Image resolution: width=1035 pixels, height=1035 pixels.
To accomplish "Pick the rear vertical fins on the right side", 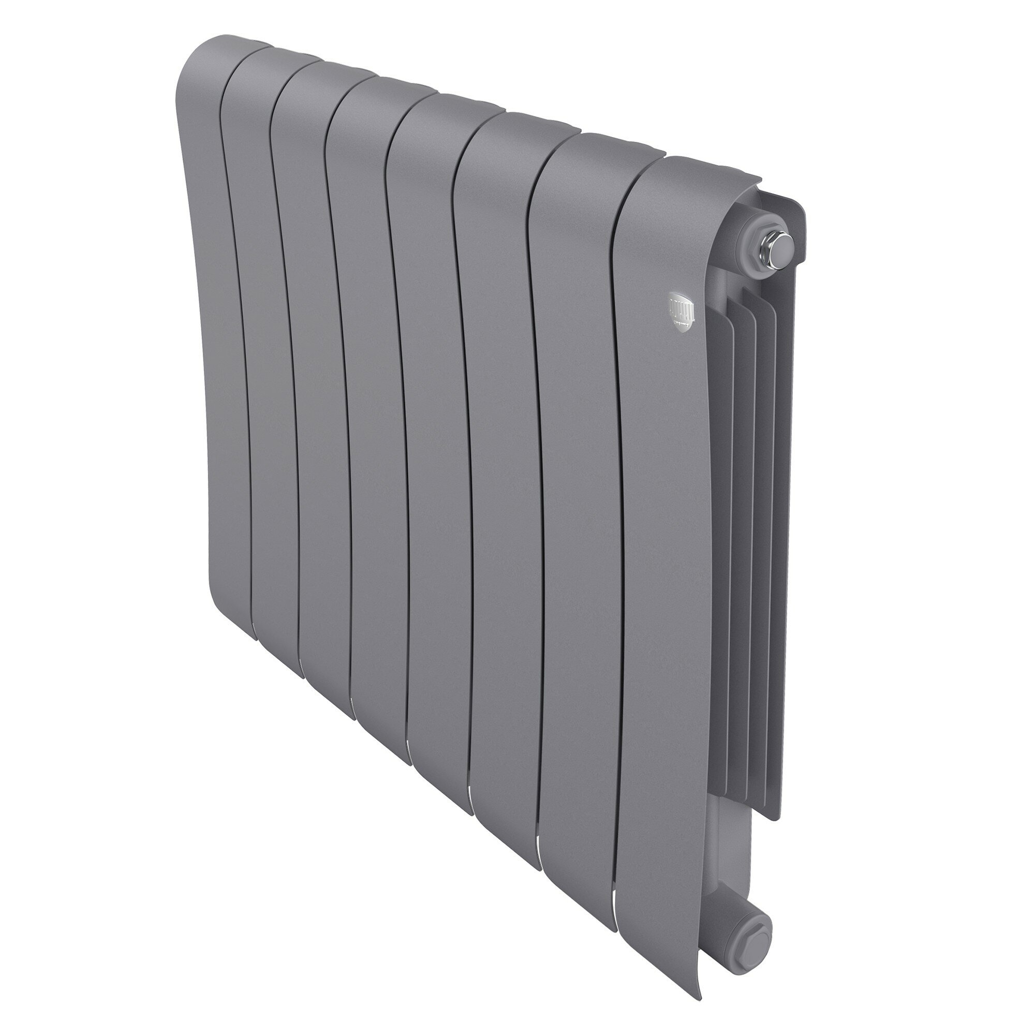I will point(761,482).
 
